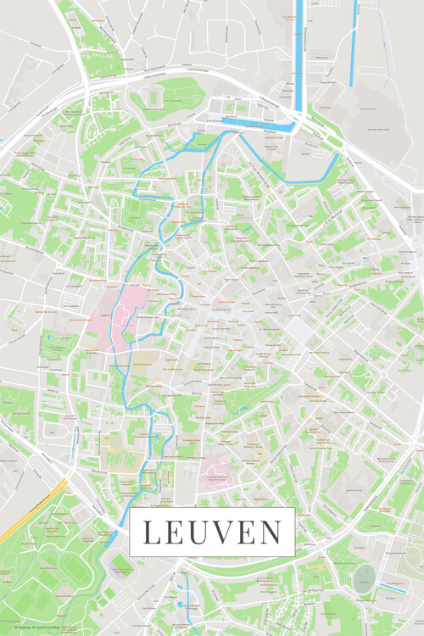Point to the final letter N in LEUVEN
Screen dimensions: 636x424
coord(270,533)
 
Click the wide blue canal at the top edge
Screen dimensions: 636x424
coord(298,42)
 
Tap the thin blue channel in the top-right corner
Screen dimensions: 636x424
coord(352,42)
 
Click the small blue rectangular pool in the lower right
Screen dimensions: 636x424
coord(391,587)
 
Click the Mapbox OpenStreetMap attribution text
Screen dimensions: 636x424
coord(34,628)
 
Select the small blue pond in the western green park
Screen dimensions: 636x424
coord(51,339)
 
